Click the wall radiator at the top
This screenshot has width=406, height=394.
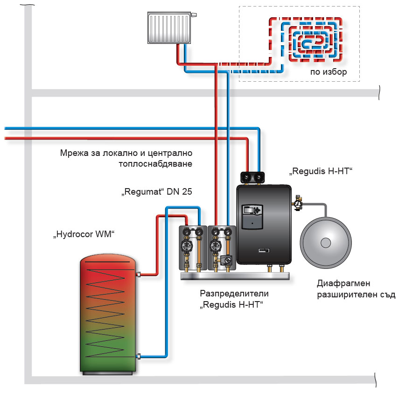(169, 28)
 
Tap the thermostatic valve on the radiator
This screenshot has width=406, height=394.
(194, 15)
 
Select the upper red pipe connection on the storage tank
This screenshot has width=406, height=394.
(138, 275)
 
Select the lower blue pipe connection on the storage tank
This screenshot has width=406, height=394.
(138, 357)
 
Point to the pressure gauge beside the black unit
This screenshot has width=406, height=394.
(297, 204)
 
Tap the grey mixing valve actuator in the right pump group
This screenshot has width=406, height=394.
(227, 260)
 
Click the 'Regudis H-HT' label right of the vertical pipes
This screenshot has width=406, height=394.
(321, 171)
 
